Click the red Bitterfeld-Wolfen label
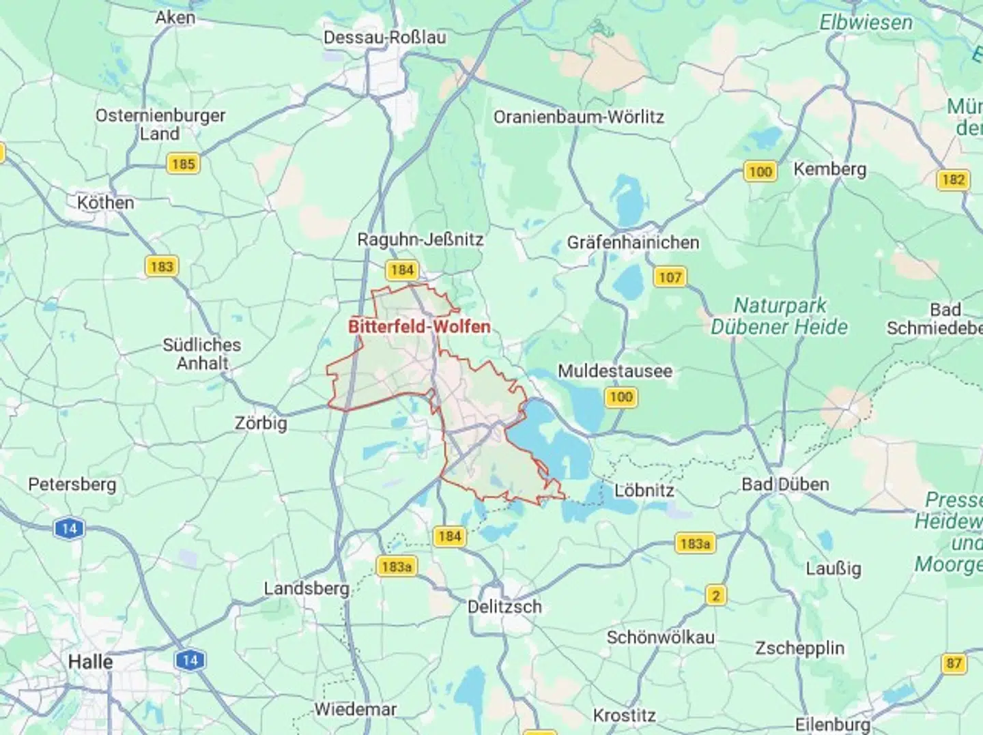[419, 326]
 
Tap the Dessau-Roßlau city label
[384, 37]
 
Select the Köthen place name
[105, 203]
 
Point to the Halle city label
[90, 661]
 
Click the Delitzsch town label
[504, 606]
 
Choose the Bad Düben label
[785, 485]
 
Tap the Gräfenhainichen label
[633, 242]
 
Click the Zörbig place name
[261, 423]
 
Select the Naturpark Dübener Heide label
[779, 316]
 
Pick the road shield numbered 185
[183, 164]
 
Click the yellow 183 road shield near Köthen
[162, 266]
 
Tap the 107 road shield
[670, 277]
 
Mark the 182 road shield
[953, 179]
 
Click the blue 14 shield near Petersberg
[69, 528]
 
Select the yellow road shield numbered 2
[715, 596]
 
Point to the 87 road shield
[954, 663]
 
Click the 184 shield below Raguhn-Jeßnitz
[402, 270]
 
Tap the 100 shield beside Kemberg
[760, 171]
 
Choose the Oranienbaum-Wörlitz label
[578, 117]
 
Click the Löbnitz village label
[644, 491]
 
